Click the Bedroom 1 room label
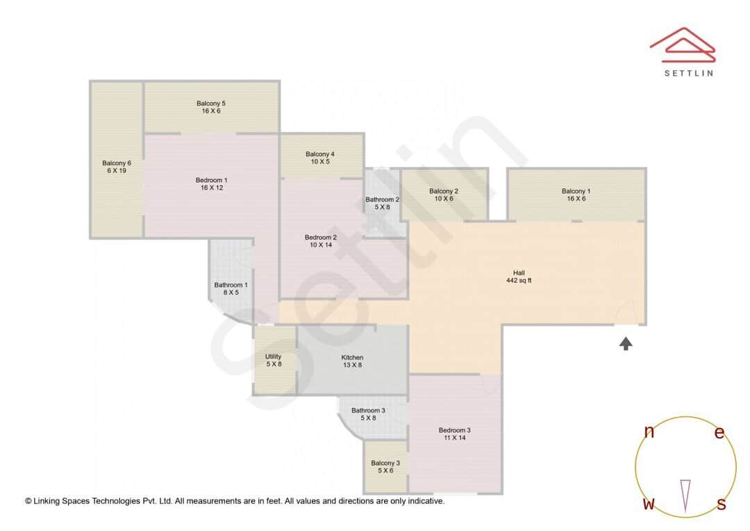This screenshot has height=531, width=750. click(x=211, y=180)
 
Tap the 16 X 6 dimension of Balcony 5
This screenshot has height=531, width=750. click(x=211, y=111)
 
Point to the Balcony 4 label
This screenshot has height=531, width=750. click(x=320, y=154)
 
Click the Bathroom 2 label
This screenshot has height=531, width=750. click(x=382, y=199)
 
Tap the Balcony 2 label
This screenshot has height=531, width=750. click(x=444, y=191)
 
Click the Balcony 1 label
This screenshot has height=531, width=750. click(x=576, y=191)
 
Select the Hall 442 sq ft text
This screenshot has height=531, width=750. click(x=519, y=277)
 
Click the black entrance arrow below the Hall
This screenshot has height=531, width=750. click(x=626, y=343)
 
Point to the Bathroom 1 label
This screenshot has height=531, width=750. click(x=231, y=285)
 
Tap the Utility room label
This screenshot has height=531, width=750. click(x=273, y=357)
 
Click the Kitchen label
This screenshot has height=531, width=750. click(x=352, y=357)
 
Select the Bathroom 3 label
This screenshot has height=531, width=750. click(x=368, y=410)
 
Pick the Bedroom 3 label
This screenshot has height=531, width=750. click(x=454, y=430)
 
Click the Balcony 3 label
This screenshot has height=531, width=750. click(x=385, y=463)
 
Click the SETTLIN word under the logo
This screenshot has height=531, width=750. click(x=688, y=73)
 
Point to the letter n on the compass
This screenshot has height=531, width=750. click(x=649, y=432)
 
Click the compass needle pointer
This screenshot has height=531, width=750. click(x=685, y=495)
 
